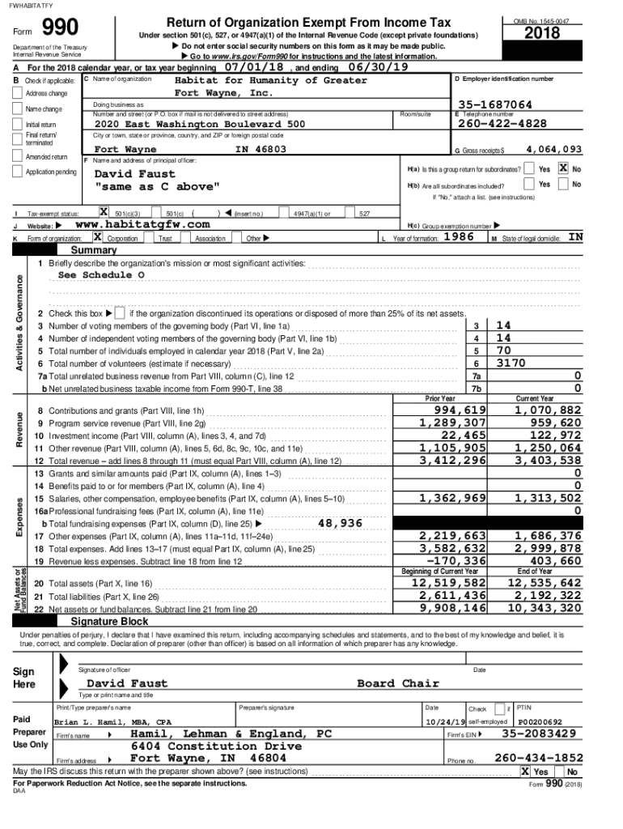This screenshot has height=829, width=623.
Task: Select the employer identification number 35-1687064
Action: [x=494, y=104]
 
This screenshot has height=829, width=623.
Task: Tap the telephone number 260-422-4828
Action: [x=502, y=124]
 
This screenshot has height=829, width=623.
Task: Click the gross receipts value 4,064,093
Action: [x=553, y=149]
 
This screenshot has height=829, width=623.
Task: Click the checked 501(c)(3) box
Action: [x=104, y=212]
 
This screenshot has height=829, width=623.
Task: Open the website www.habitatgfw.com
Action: [x=142, y=224]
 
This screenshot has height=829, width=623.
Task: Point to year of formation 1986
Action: [x=459, y=237]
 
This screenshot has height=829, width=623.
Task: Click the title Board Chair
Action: [x=398, y=683]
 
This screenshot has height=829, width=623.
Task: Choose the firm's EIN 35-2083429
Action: [x=539, y=733]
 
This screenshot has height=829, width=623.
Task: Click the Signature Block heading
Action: [x=109, y=620]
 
